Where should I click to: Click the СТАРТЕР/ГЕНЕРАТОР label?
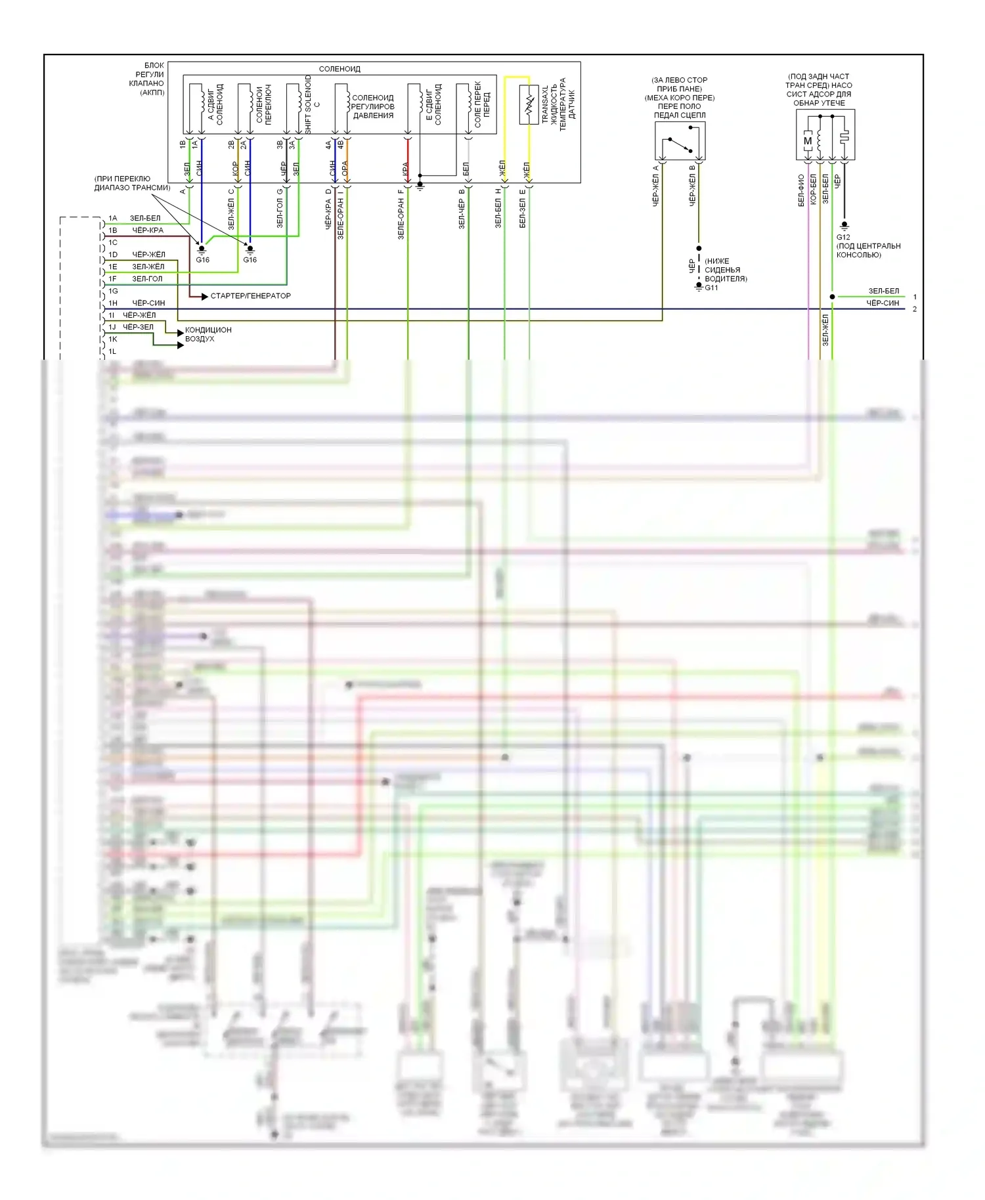(x=250, y=296)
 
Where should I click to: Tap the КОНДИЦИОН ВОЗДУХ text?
(x=208, y=334)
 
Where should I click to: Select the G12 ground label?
(x=843, y=237)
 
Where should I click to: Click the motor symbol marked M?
(x=808, y=140)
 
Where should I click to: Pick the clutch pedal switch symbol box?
(x=680, y=140)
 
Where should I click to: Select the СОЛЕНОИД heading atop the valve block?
(x=339, y=69)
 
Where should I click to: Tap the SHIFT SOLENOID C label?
(x=312, y=104)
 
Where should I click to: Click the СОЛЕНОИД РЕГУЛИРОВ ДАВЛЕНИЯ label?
(x=373, y=106)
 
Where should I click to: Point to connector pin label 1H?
(x=113, y=303)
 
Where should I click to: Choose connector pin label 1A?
(x=113, y=218)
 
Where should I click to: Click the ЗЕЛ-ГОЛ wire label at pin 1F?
(x=147, y=279)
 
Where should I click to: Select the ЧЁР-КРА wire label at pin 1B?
(x=148, y=230)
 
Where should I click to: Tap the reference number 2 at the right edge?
(x=915, y=309)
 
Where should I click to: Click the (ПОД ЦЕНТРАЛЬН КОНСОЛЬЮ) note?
(x=868, y=250)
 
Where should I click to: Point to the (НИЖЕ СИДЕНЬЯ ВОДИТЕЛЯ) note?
(x=726, y=270)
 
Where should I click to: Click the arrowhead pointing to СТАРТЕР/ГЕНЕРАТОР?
(x=204, y=297)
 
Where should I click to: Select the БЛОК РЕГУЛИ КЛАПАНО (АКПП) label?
(x=147, y=79)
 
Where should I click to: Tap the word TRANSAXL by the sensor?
(x=545, y=104)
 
